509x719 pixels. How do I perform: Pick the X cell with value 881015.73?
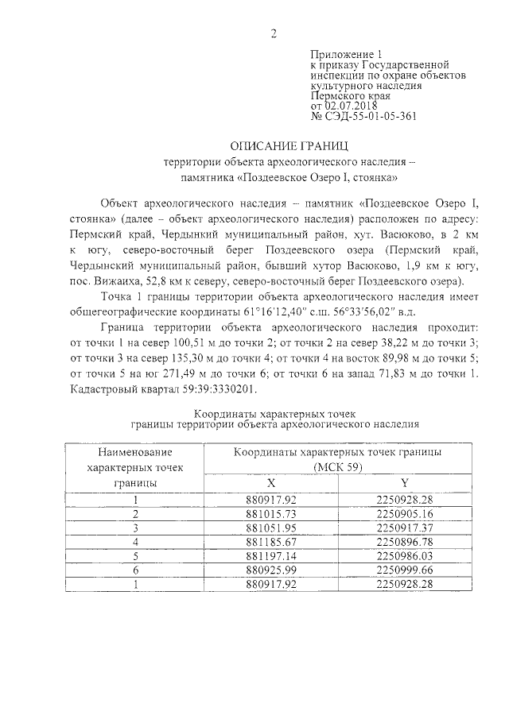tap(272, 513)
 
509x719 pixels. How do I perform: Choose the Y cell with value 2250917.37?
tap(406, 528)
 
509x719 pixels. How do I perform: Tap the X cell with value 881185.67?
tap(272, 542)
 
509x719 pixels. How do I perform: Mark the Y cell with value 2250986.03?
tap(406, 556)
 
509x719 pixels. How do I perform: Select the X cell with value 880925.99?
tap(272, 570)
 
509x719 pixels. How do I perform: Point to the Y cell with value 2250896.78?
tap(406, 542)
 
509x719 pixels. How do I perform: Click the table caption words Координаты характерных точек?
tap(274, 414)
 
